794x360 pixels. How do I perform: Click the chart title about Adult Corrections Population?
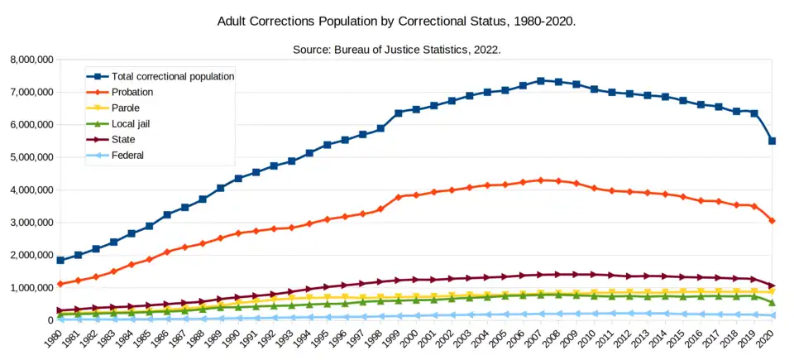pyautogui.click(x=396, y=19)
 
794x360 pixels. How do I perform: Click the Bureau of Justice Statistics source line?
pyautogui.click(x=397, y=50)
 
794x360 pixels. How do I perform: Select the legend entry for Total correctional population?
pyautogui.click(x=172, y=76)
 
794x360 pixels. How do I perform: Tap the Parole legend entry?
pyautogui.click(x=126, y=108)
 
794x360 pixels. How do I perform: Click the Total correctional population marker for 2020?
pyautogui.click(x=772, y=141)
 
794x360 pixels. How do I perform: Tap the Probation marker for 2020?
pyautogui.click(x=772, y=221)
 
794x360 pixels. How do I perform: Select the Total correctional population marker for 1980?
pyautogui.click(x=60, y=260)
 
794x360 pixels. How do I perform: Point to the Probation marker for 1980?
pyautogui.click(x=60, y=284)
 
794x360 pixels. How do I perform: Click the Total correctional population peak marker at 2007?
pyautogui.click(x=540, y=81)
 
